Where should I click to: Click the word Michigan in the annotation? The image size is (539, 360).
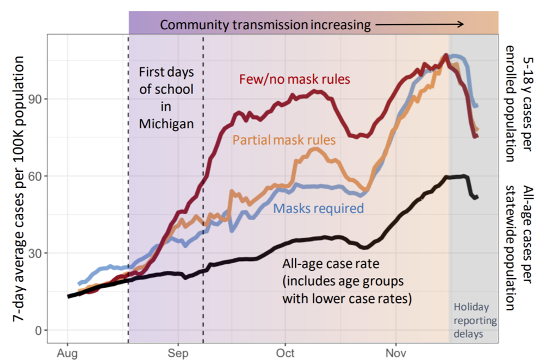point(166,123)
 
